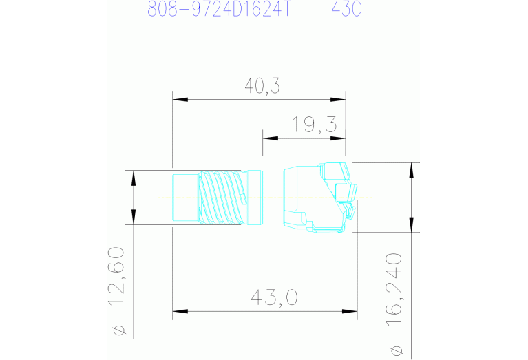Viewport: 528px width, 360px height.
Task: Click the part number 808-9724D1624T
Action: point(218,9)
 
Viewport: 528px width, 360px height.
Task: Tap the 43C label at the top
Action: point(346,9)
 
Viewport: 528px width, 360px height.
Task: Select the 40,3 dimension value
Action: point(262,86)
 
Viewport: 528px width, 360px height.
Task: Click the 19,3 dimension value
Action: point(314,125)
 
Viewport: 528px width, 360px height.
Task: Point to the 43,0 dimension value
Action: point(274,297)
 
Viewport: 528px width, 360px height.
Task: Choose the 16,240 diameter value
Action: point(394,290)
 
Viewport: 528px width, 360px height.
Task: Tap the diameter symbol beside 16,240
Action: point(397,350)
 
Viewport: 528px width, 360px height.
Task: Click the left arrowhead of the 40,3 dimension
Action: point(180,100)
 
